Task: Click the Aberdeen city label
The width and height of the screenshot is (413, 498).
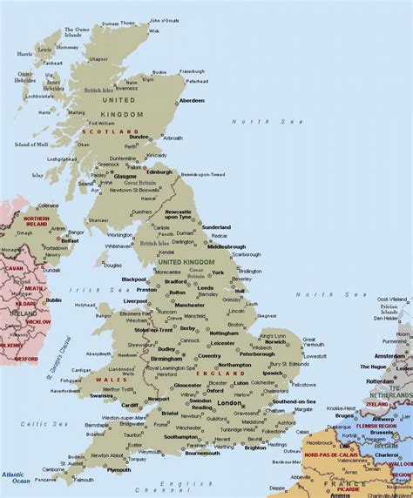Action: click(192, 100)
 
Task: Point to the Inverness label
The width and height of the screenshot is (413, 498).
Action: click(127, 87)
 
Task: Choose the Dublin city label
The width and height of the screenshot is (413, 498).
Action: click(53, 299)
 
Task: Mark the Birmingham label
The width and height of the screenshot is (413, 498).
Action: click(166, 357)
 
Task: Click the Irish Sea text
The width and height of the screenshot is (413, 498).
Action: click(88, 291)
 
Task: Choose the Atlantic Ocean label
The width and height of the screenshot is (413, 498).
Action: click(15, 477)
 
